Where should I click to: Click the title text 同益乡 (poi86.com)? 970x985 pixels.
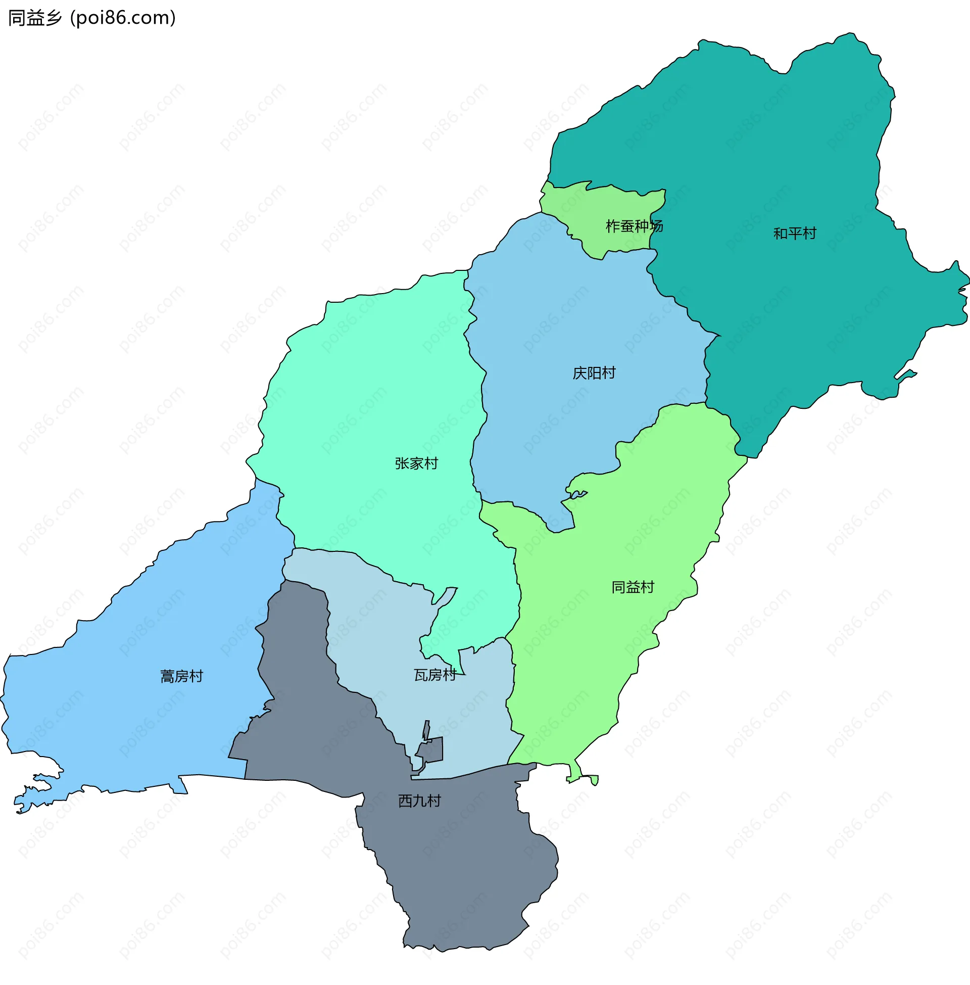click(92, 18)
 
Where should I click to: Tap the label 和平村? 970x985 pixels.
click(795, 233)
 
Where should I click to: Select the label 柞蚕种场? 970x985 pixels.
click(634, 226)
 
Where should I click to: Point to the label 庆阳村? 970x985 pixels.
click(594, 373)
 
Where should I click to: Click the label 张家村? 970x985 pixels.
click(416, 463)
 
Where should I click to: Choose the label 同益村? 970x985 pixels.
click(633, 587)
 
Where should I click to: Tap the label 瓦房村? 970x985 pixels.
click(435, 675)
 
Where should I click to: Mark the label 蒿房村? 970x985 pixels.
click(182, 676)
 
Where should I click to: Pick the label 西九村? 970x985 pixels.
click(419, 801)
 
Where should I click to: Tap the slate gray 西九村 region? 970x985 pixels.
click(459, 866)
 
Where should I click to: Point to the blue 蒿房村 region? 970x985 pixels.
click(127, 714)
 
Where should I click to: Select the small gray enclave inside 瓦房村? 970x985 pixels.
click(432, 749)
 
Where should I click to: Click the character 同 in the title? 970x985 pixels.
click(16, 18)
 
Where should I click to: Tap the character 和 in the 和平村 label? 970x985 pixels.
click(781, 233)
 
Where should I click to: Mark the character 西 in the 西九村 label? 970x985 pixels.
click(405, 801)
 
